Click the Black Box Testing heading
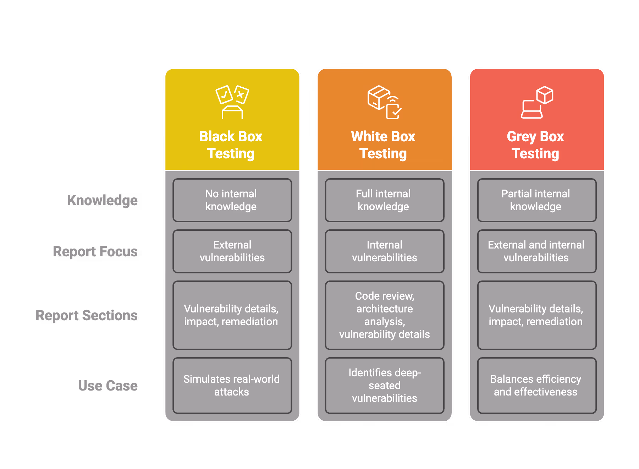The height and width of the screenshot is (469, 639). click(x=231, y=145)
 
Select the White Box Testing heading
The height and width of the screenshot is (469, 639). click(x=383, y=145)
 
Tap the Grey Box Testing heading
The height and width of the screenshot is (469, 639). click(x=535, y=145)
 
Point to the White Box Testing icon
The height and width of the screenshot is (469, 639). click(x=384, y=102)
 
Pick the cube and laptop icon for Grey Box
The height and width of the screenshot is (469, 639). click(x=537, y=102)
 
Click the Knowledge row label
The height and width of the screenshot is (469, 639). click(x=103, y=200)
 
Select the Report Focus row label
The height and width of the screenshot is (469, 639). click(x=95, y=251)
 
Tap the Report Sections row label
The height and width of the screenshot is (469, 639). click(x=87, y=315)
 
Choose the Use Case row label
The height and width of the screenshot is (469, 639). click(x=108, y=386)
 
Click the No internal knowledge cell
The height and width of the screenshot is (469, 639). click(x=232, y=200)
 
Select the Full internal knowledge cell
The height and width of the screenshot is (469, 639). click(x=384, y=200)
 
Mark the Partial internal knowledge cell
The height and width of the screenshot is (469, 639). click(x=536, y=200)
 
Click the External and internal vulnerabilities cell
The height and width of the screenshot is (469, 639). click(x=536, y=251)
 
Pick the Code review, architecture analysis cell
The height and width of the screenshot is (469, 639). click(x=384, y=315)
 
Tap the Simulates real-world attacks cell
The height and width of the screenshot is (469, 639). click(x=232, y=386)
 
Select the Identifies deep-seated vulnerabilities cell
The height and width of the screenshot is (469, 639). click(x=384, y=386)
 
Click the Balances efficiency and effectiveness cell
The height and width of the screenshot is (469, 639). click(x=536, y=386)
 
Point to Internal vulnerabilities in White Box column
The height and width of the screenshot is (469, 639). click(x=384, y=251)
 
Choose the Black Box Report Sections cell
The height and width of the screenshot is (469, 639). click(x=232, y=315)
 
